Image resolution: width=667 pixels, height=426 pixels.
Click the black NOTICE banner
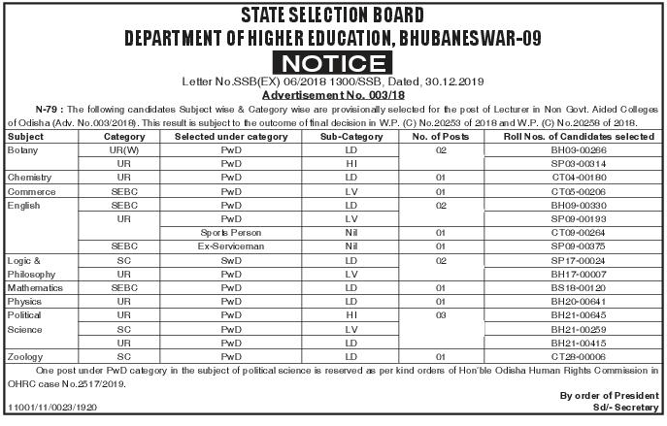333,63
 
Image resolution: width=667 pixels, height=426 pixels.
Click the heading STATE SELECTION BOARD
333,16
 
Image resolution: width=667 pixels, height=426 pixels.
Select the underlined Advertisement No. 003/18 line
333,99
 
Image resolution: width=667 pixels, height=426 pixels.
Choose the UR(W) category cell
123,151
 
